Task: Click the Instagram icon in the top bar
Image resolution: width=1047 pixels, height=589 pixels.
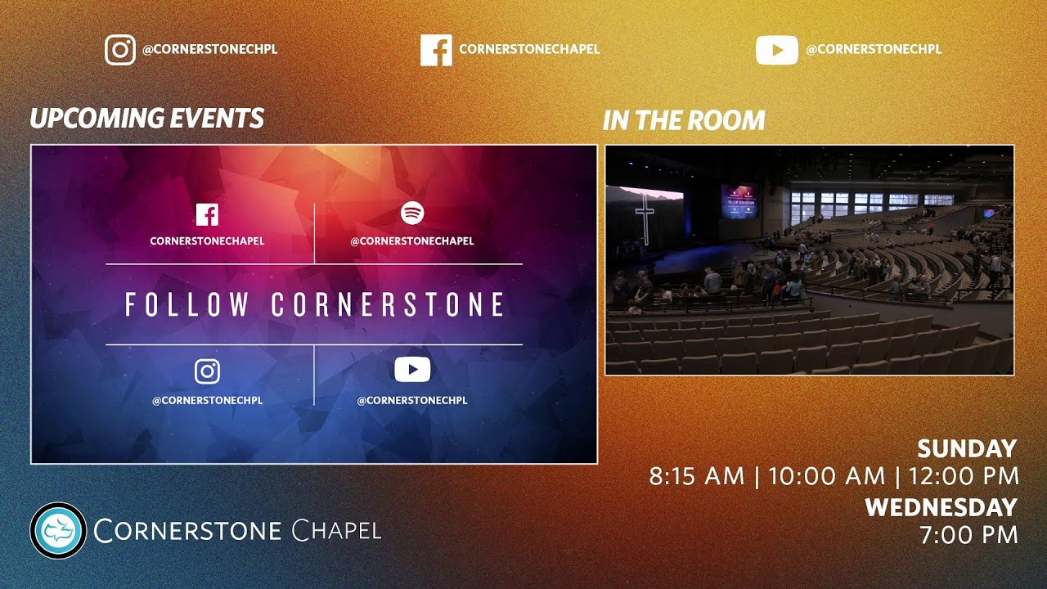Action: [x=120, y=50]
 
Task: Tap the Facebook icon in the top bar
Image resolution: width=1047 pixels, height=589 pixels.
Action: [x=436, y=50]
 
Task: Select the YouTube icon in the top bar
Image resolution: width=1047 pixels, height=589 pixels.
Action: [x=776, y=50]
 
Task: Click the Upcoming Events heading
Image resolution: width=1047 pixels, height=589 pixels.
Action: [x=147, y=119]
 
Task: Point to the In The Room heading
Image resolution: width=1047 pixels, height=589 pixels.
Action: [x=684, y=121]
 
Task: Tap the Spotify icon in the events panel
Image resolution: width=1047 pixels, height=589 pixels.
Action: [x=412, y=214]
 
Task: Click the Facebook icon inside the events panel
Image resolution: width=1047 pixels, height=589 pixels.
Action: [x=207, y=215]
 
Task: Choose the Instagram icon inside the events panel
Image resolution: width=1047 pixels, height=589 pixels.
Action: [x=207, y=371]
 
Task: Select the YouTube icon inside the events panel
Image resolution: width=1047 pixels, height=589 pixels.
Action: [x=412, y=371]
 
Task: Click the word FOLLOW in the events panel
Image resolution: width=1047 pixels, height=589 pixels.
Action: [x=187, y=305]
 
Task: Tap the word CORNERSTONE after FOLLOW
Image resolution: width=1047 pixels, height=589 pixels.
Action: [x=388, y=305]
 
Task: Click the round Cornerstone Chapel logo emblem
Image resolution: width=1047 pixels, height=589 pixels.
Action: [x=58, y=530]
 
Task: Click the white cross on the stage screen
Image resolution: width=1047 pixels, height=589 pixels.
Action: [x=645, y=218]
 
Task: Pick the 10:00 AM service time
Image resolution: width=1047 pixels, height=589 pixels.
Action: [x=826, y=476]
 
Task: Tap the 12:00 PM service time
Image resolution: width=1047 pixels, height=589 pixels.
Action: [x=962, y=476]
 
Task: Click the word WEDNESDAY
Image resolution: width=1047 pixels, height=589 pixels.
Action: [x=941, y=507]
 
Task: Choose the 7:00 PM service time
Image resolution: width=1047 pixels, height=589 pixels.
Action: [x=968, y=536]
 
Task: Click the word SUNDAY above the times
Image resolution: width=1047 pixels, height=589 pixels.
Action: [x=966, y=449]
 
